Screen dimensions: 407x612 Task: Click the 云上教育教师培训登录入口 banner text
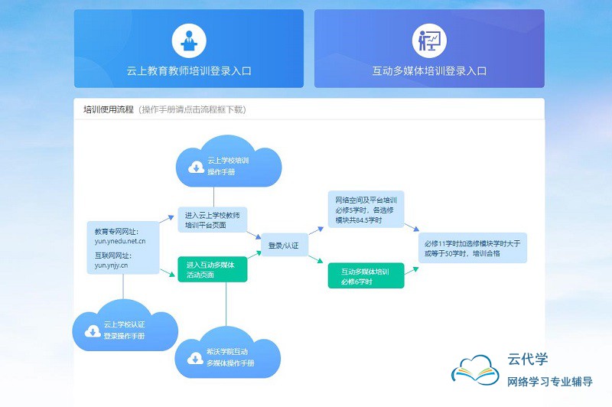188,71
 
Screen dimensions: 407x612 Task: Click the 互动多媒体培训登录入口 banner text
429,71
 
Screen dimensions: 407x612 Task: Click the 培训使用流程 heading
109,109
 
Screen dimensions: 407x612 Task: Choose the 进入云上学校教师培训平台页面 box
212,220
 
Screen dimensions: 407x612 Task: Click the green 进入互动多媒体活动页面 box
212,270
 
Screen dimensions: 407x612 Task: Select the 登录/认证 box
283,245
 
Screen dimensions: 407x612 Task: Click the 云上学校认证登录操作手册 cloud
125,330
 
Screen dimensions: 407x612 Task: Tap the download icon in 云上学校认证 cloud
92,330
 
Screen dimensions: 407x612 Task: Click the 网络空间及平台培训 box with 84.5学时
365,210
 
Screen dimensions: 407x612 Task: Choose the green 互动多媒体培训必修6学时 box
365,276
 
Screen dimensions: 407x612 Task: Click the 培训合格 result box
472,248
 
